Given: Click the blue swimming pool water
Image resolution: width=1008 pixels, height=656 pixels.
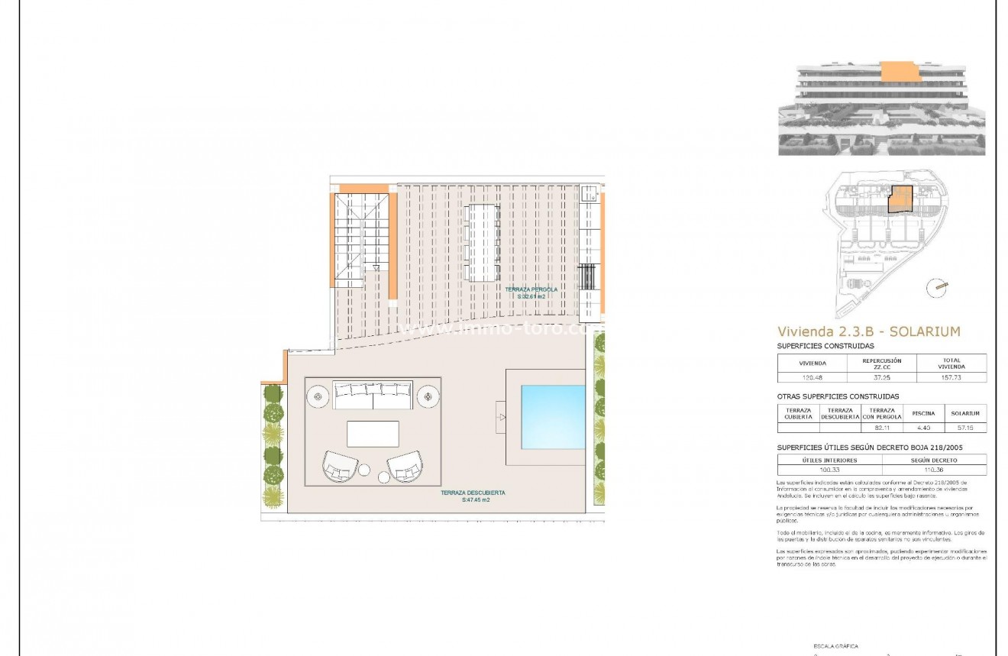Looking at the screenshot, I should tap(552, 417).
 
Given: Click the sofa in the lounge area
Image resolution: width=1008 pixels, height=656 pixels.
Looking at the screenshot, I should tap(373, 395).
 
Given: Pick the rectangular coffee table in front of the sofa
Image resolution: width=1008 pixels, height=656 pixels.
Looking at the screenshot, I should tap(373, 434).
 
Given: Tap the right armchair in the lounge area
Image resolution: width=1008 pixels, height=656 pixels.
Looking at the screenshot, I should tap(405, 464).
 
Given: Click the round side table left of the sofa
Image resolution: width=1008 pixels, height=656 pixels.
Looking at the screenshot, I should tap(318, 396).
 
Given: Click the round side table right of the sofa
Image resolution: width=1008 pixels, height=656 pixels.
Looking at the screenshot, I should tap(428, 396).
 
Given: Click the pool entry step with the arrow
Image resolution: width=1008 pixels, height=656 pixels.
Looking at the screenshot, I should tap(501, 417).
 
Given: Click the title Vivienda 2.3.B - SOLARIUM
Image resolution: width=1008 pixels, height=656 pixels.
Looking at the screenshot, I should tap(868, 331).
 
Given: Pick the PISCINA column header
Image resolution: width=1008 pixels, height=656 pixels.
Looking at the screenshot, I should tap(922, 413).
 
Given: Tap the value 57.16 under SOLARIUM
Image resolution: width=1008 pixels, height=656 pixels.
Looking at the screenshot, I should tap(965, 428).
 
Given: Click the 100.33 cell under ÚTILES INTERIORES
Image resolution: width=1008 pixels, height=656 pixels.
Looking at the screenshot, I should tap(829, 470).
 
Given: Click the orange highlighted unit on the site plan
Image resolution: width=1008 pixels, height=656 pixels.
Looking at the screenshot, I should tap(901, 199).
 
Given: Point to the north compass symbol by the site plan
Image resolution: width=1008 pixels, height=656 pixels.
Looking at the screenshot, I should tap(936, 288).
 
